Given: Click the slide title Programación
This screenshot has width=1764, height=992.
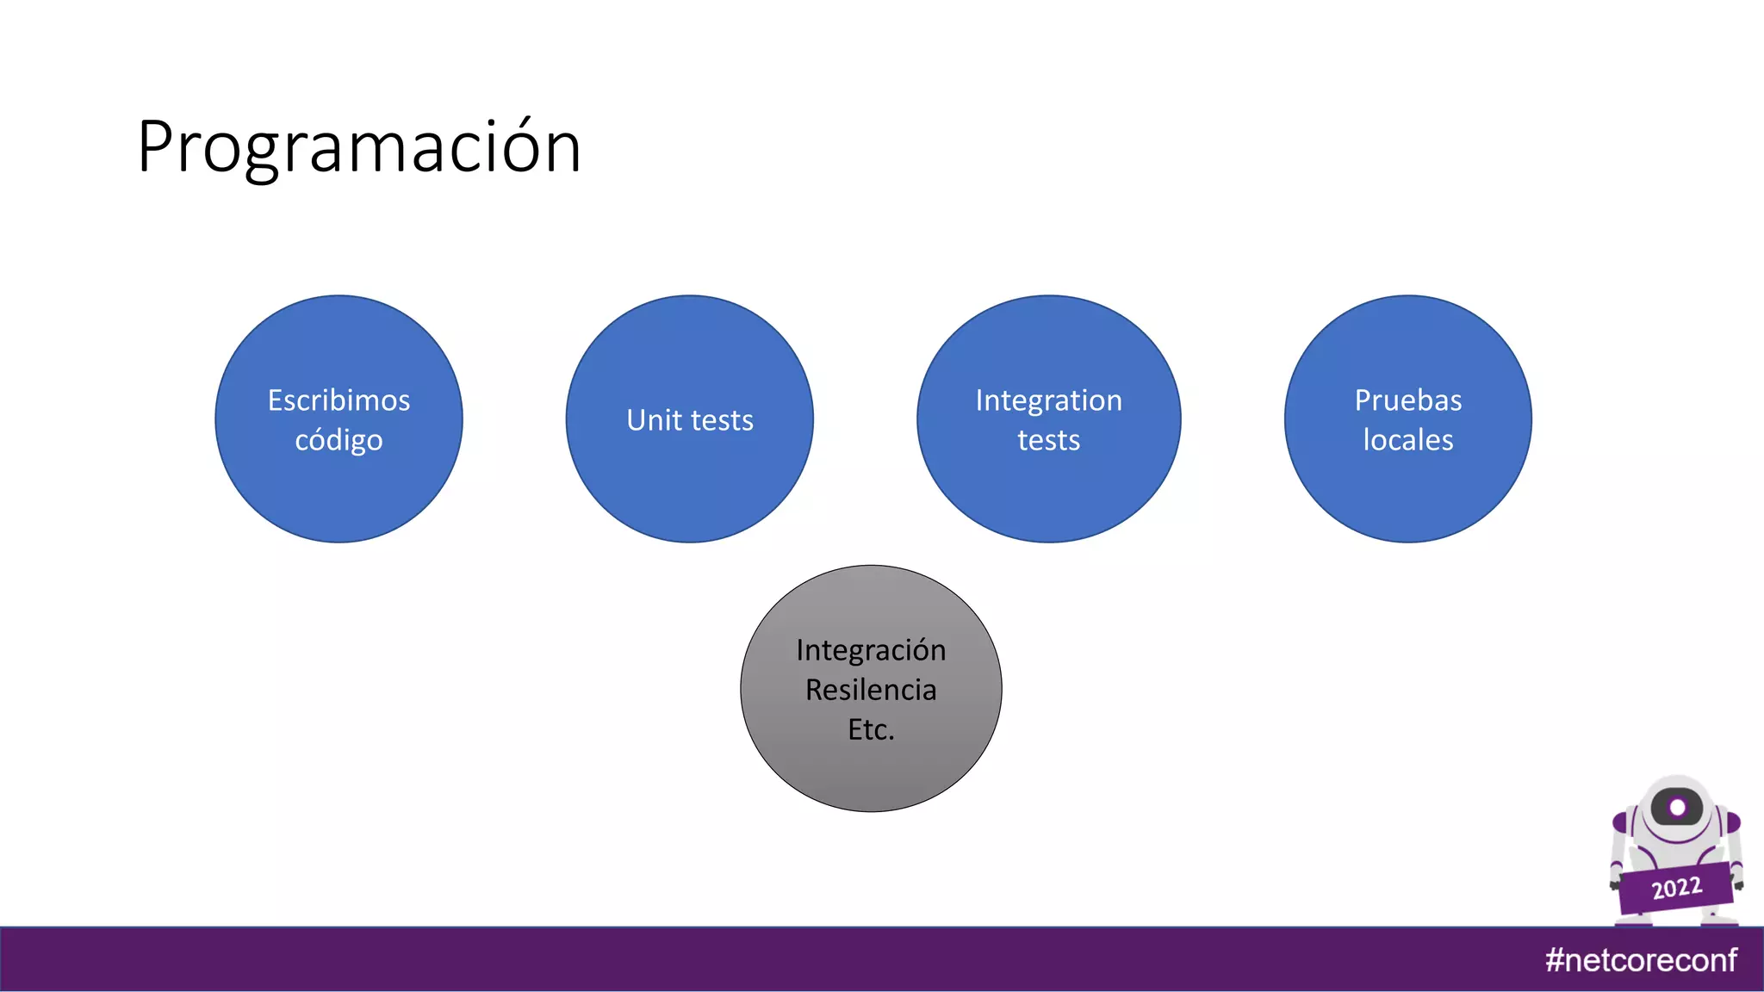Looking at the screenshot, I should [359, 148].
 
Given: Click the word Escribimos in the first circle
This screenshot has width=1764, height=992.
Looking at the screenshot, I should [339, 400].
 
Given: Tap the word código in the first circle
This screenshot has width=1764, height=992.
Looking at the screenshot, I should [339, 441].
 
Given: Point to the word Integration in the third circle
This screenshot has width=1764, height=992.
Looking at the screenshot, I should [1048, 400].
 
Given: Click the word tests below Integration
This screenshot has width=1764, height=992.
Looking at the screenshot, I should [1048, 440].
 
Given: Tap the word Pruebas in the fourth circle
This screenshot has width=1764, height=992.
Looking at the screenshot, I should [1407, 400].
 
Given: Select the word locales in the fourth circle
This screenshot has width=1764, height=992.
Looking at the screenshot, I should [1407, 440].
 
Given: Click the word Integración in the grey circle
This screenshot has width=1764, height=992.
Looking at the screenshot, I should [871, 650].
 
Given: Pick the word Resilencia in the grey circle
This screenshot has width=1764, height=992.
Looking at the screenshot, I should [871, 690].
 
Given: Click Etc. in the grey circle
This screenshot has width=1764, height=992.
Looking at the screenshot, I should [871, 729].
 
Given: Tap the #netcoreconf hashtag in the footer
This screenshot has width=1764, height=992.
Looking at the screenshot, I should [1641, 959].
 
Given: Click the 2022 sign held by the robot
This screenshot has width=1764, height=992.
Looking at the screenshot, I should [1676, 888].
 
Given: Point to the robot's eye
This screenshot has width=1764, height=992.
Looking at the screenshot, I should [1677, 808].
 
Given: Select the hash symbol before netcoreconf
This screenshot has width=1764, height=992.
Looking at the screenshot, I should [1555, 959].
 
